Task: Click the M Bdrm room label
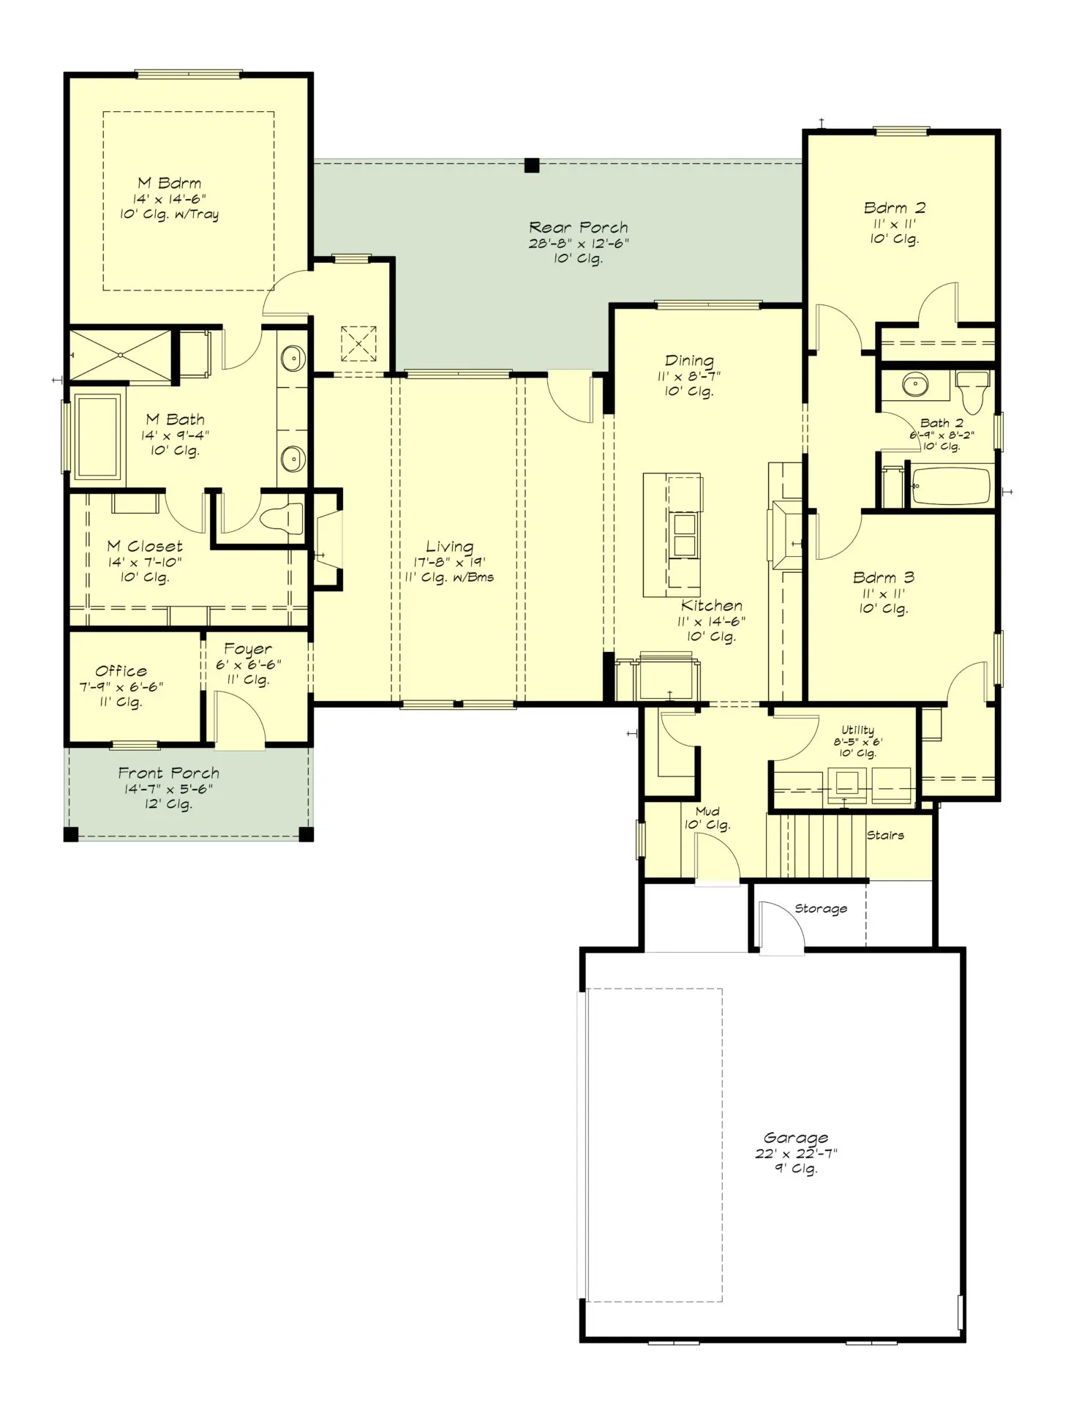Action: tap(170, 183)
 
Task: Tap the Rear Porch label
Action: tap(578, 228)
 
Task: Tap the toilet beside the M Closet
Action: tap(282, 518)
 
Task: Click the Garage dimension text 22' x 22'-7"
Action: tap(796, 1153)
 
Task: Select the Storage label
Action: tap(821, 909)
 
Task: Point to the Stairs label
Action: tap(885, 835)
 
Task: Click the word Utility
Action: tap(857, 730)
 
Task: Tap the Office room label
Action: tap(121, 671)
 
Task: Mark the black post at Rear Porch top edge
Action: tap(532, 165)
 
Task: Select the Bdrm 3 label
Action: tap(883, 577)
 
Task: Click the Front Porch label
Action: tap(169, 773)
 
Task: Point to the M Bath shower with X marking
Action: tap(121, 356)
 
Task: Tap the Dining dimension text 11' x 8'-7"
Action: tap(689, 376)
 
